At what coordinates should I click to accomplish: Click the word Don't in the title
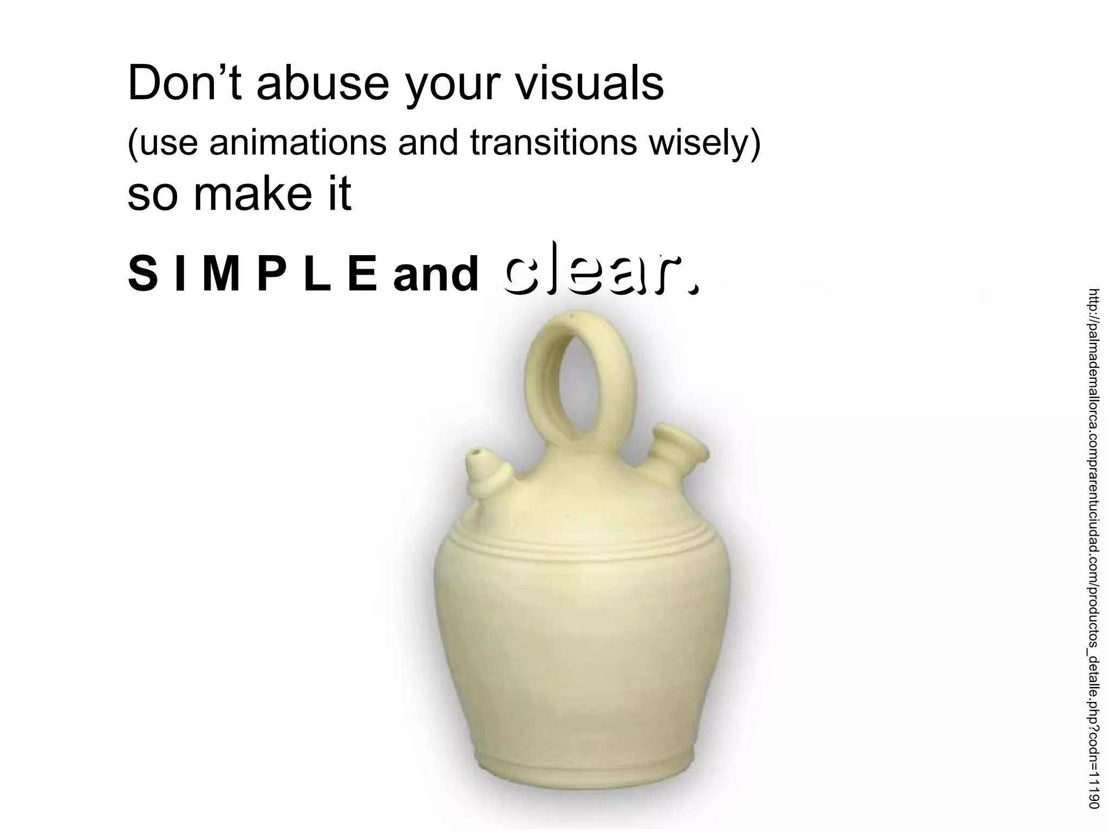coord(184,84)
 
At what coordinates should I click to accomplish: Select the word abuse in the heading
coord(323,84)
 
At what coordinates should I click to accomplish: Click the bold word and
coord(436,274)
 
